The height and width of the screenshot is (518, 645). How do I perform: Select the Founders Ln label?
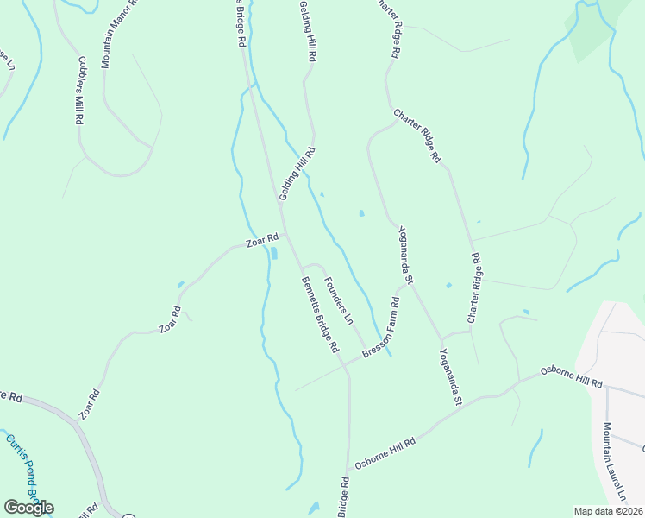(x=339, y=300)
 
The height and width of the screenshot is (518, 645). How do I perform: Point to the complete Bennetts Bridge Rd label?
(x=319, y=314)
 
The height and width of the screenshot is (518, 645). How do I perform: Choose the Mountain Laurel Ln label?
(x=614, y=462)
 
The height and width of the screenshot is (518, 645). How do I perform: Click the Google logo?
(x=28, y=508)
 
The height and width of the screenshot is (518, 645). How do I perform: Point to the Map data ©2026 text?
(x=607, y=511)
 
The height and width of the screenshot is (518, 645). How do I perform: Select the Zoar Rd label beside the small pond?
(x=262, y=240)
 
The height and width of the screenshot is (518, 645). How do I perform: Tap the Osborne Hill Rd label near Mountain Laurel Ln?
(x=570, y=376)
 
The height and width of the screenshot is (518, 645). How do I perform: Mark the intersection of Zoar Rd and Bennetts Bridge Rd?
(x=285, y=233)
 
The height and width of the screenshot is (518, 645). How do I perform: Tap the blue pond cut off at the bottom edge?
(x=314, y=509)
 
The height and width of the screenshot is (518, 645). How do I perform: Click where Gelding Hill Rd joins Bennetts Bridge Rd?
(x=279, y=205)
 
